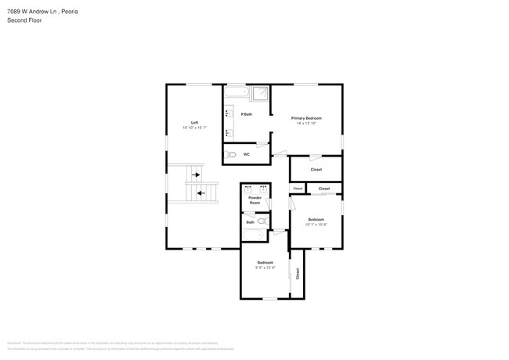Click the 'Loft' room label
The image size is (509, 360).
pos(194,122)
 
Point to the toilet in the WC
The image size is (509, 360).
pos(229,155)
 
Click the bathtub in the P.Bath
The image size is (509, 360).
pos(236,93)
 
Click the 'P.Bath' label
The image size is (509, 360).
pos(246,114)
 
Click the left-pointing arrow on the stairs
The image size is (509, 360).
pos(201,192)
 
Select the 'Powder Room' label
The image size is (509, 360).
pos(254,200)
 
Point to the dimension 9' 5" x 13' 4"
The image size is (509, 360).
pos(265,268)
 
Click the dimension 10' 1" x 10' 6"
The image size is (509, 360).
pos(316,225)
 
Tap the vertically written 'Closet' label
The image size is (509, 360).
pos(298,273)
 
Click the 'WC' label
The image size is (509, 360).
pos(246,154)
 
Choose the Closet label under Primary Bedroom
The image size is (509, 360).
pos(316,169)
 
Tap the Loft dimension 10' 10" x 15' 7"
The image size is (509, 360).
pos(194,128)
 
